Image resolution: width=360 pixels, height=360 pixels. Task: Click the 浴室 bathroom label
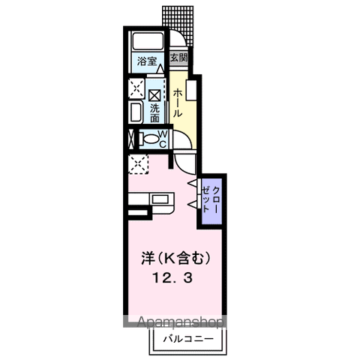[147, 61]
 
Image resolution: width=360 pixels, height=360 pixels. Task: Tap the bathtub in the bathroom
[148, 41]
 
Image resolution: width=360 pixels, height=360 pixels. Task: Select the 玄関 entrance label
[178, 58]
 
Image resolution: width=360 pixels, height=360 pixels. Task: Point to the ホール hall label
[178, 103]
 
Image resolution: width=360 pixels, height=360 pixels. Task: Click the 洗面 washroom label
[154, 113]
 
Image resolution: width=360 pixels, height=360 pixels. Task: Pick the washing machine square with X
[154, 95]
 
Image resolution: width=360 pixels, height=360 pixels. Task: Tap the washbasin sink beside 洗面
[136, 112]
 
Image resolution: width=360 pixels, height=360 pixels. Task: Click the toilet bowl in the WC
[150, 139]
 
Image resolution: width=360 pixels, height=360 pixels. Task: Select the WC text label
[163, 139]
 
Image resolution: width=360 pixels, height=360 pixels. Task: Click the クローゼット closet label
[211, 199]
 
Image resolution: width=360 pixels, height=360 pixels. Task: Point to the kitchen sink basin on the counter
[160, 199]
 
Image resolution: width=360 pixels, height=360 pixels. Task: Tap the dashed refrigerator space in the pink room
[138, 164]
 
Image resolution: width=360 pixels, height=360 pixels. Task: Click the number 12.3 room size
[172, 278]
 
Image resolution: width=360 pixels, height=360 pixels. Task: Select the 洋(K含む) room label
[175, 258]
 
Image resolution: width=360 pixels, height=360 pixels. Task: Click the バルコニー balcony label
[189, 339]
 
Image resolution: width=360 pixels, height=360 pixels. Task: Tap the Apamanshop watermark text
[181, 322]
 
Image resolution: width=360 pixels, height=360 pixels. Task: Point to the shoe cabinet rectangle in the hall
[191, 90]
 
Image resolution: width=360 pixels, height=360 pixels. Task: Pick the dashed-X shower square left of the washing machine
[136, 88]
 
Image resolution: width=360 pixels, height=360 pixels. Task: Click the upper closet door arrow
[192, 183]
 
